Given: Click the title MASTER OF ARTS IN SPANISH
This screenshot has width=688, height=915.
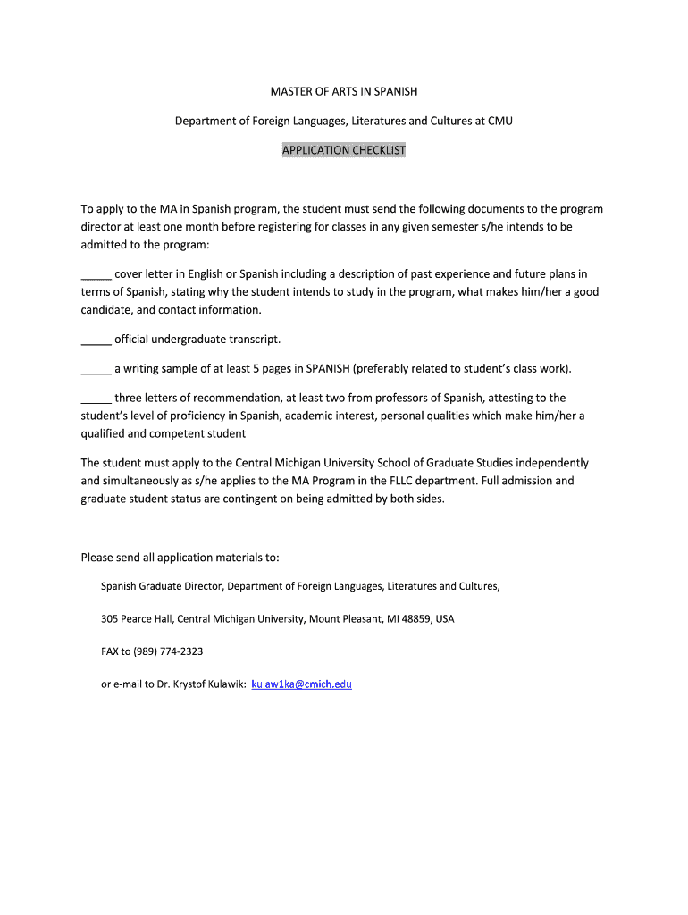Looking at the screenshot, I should [344, 91].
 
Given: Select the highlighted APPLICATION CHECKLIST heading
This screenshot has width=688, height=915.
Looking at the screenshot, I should [344, 150].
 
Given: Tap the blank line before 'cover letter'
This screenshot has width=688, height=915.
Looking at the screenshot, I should [96, 274].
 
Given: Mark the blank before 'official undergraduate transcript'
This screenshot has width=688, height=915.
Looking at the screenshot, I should [96, 340].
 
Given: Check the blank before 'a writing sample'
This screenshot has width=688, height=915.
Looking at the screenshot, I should [96, 368].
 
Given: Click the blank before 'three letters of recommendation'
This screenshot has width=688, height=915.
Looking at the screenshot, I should [96, 398].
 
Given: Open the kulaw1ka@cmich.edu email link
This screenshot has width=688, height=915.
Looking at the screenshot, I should [301, 684].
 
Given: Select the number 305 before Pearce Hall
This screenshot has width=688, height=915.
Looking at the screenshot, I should [109, 619].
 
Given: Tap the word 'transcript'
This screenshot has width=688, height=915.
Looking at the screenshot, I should [255, 340].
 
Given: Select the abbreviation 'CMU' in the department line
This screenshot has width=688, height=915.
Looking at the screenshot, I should [499, 121].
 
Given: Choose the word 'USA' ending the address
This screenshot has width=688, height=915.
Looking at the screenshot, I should [445, 619].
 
